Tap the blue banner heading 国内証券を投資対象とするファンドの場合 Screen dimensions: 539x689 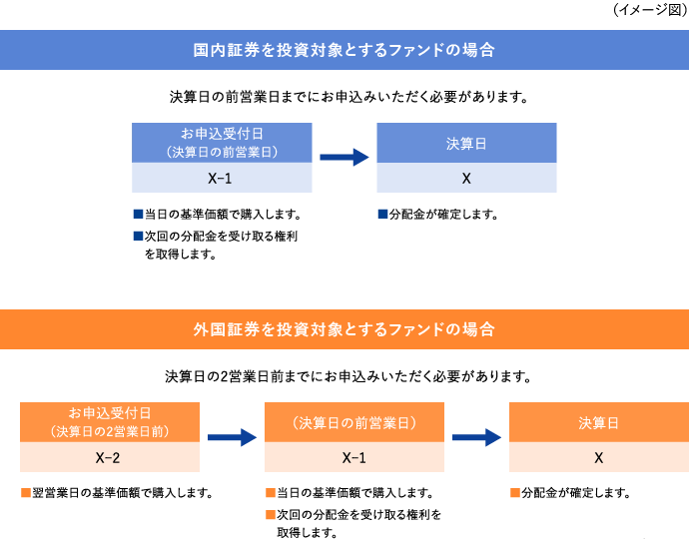click(x=344, y=50)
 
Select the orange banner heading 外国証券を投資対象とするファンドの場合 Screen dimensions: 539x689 click(x=344, y=329)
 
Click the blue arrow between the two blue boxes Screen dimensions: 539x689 click(x=344, y=157)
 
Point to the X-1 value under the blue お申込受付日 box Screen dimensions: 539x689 click(x=222, y=179)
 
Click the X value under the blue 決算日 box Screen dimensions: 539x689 click(x=466, y=179)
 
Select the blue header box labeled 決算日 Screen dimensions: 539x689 click(x=466, y=144)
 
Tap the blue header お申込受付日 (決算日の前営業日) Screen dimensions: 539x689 click(x=222, y=143)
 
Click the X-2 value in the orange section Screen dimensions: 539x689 click(x=109, y=458)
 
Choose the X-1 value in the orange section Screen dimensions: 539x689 click(x=353, y=458)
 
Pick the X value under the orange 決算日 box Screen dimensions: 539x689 click(x=598, y=458)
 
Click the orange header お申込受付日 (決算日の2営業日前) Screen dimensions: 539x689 click(x=109, y=422)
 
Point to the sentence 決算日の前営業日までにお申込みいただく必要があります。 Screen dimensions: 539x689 click(x=344, y=98)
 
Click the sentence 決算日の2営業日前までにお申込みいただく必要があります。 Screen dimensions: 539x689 click(x=344, y=377)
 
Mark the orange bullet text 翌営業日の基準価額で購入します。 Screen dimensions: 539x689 click(x=121, y=493)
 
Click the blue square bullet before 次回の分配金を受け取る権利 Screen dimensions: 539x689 click(x=138, y=237)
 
